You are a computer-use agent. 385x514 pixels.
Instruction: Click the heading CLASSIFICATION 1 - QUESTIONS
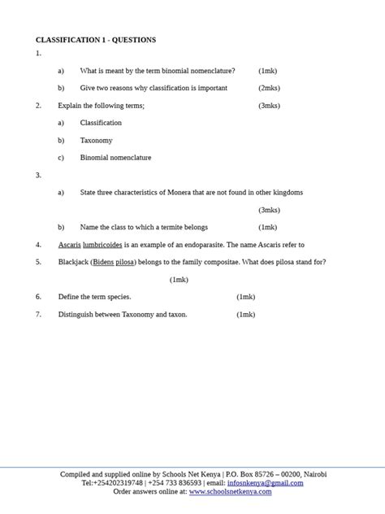(96, 40)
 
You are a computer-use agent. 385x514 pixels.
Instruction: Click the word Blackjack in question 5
(73, 262)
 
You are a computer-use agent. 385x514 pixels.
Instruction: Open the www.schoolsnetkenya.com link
(231, 492)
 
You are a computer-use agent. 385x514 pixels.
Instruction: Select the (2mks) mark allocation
(269, 88)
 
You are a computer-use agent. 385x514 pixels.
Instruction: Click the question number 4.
(38, 245)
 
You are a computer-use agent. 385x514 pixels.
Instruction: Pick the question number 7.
(38, 315)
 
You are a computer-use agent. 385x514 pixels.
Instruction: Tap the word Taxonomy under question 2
(96, 141)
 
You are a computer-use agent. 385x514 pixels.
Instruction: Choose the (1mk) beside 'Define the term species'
(245, 297)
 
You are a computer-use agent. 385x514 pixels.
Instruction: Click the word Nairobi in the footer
(314, 474)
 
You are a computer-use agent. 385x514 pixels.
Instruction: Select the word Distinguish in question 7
(76, 315)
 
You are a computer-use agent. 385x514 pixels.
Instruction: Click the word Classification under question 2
(101, 123)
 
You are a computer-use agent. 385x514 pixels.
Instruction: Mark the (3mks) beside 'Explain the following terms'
(269, 106)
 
